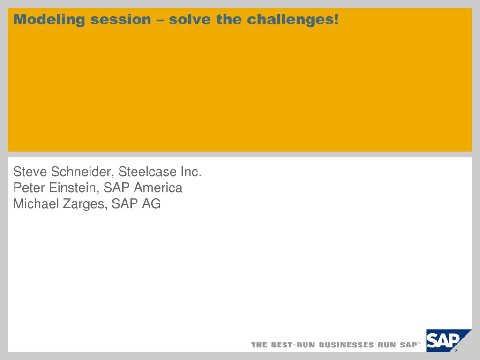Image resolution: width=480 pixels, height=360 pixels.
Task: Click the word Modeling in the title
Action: point(49,20)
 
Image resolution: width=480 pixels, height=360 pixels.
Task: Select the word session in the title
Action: point(121,20)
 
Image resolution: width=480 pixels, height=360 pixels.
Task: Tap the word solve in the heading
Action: point(190,19)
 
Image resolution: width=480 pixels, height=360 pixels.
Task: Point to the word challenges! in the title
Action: point(293,20)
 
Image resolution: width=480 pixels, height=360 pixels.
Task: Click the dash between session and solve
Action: point(160,21)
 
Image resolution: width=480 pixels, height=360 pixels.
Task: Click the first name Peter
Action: point(29,187)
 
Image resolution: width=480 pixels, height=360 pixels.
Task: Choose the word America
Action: point(158,187)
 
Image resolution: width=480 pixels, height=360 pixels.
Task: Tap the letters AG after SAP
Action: point(151,203)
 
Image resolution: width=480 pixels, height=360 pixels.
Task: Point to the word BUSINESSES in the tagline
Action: point(346,345)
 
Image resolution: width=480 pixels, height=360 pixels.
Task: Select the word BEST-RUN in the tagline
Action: point(292,345)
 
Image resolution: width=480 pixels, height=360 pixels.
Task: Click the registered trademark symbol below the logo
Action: point(456,351)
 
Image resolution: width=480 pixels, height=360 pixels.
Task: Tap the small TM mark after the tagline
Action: point(419,343)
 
